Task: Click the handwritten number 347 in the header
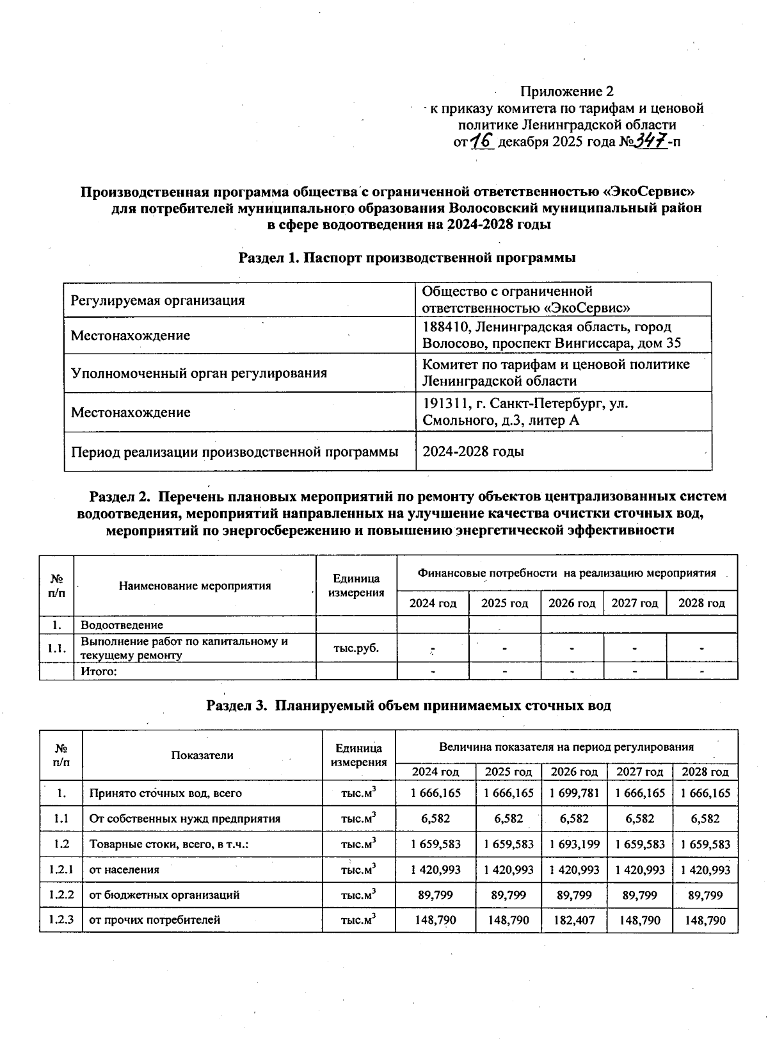pos(650,140)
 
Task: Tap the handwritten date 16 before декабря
pos(481,140)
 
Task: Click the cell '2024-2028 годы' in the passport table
pos(473,452)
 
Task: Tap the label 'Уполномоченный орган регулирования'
pos(198,373)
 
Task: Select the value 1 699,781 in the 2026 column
pos(574,793)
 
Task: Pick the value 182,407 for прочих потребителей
pos(574,920)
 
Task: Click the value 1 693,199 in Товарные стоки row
pos(574,844)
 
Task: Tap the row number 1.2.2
pos(61,894)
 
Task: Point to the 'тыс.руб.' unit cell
pos(356,648)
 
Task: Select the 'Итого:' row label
pos(98,671)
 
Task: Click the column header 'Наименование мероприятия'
pos(195,586)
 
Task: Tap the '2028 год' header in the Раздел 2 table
pos(701,603)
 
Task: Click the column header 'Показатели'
pos(202,755)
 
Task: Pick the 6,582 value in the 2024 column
pos(435,819)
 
